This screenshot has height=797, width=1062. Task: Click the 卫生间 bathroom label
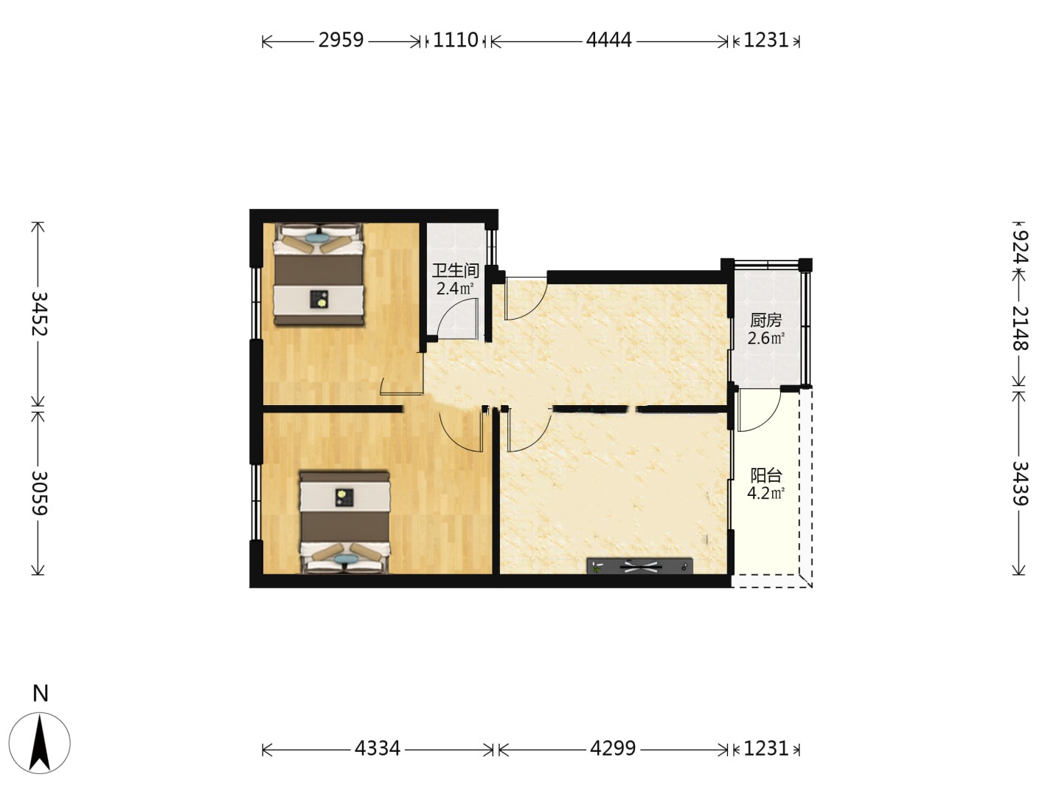pyautogui.click(x=455, y=271)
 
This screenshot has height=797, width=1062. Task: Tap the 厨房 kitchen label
pyautogui.click(x=766, y=320)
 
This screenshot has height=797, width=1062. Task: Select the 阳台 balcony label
pyautogui.click(x=766, y=475)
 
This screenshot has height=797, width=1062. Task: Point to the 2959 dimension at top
pyautogui.click(x=341, y=40)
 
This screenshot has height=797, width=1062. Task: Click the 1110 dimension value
pyautogui.click(x=455, y=40)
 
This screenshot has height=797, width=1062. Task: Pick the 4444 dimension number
pyautogui.click(x=608, y=40)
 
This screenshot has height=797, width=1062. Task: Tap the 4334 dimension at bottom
pyautogui.click(x=378, y=748)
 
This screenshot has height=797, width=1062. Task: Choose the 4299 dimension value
pyautogui.click(x=613, y=748)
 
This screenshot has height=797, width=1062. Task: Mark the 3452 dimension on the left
pyautogui.click(x=39, y=314)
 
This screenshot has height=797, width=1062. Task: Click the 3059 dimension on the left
pyautogui.click(x=39, y=493)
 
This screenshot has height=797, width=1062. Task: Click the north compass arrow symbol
pyautogui.click(x=40, y=743)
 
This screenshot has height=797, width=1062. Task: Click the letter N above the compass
pyautogui.click(x=40, y=694)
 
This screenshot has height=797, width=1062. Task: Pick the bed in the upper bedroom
pyautogui.click(x=319, y=274)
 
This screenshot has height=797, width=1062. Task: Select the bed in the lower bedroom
pyautogui.click(x=344, y=522)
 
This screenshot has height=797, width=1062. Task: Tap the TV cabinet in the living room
pyautogui.click(x=639, y=566)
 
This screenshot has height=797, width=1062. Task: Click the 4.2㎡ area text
pyautogui.click(x=766, y=494)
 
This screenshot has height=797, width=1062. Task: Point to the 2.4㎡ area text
pyautogui.click(x=455, y=289)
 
